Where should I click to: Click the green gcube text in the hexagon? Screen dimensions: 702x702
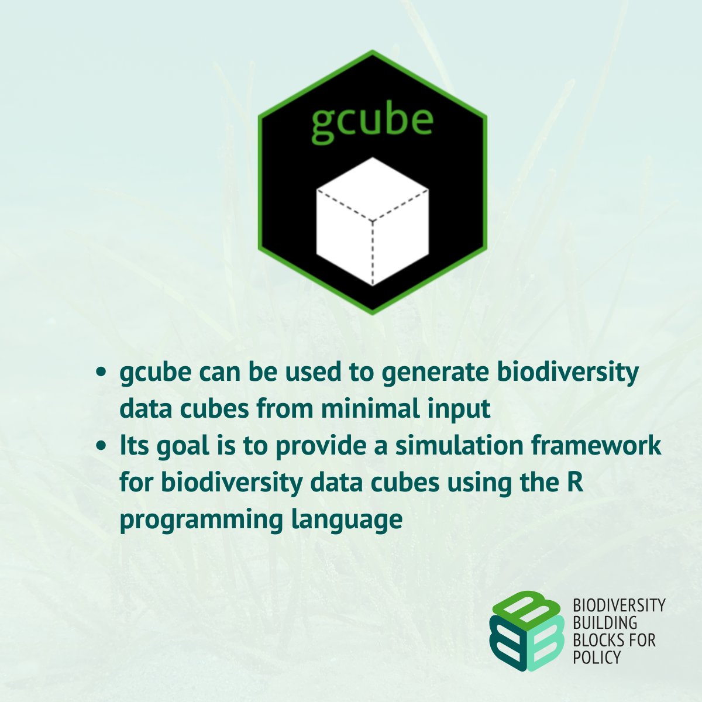click(x=372, y=121)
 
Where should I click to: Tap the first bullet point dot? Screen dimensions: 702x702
click(x=102, y=372)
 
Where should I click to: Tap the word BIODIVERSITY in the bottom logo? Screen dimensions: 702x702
click(x=619, y=605)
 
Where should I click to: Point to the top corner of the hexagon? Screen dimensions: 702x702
click(x=373, y=52)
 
